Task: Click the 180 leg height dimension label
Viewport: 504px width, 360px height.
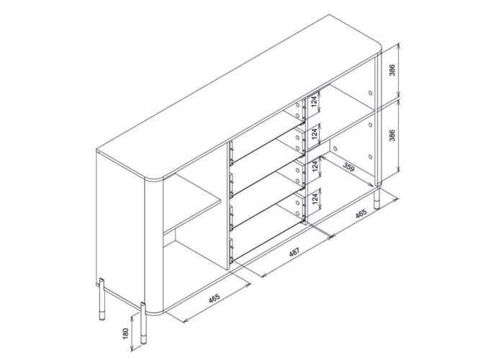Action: [126, 333]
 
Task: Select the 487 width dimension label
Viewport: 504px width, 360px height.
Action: [294, 252]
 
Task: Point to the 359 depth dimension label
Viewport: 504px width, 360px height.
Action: [348, 167]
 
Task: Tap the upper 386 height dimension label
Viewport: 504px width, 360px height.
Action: [392, 70]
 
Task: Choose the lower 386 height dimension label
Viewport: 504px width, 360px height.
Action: [392, 135]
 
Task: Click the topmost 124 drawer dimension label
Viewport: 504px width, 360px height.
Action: [315, 102]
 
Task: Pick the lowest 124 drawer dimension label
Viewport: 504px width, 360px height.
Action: [315, 199]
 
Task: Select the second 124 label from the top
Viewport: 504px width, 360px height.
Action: [315, 134]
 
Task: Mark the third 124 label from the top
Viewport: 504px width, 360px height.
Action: [315, 166]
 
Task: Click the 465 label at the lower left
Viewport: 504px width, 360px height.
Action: [215, 298]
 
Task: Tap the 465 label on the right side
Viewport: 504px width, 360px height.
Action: [361, 214]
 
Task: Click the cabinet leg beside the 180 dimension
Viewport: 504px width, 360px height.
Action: [143, 323]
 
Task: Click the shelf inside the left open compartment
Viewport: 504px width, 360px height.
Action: [192, 206]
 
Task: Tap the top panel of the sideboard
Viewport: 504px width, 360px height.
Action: [239, 96]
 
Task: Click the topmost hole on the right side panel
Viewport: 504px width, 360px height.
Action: [370, 93]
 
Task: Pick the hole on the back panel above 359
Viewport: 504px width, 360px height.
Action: [336, 149]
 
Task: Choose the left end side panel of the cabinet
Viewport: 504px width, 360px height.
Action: [120, 231]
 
